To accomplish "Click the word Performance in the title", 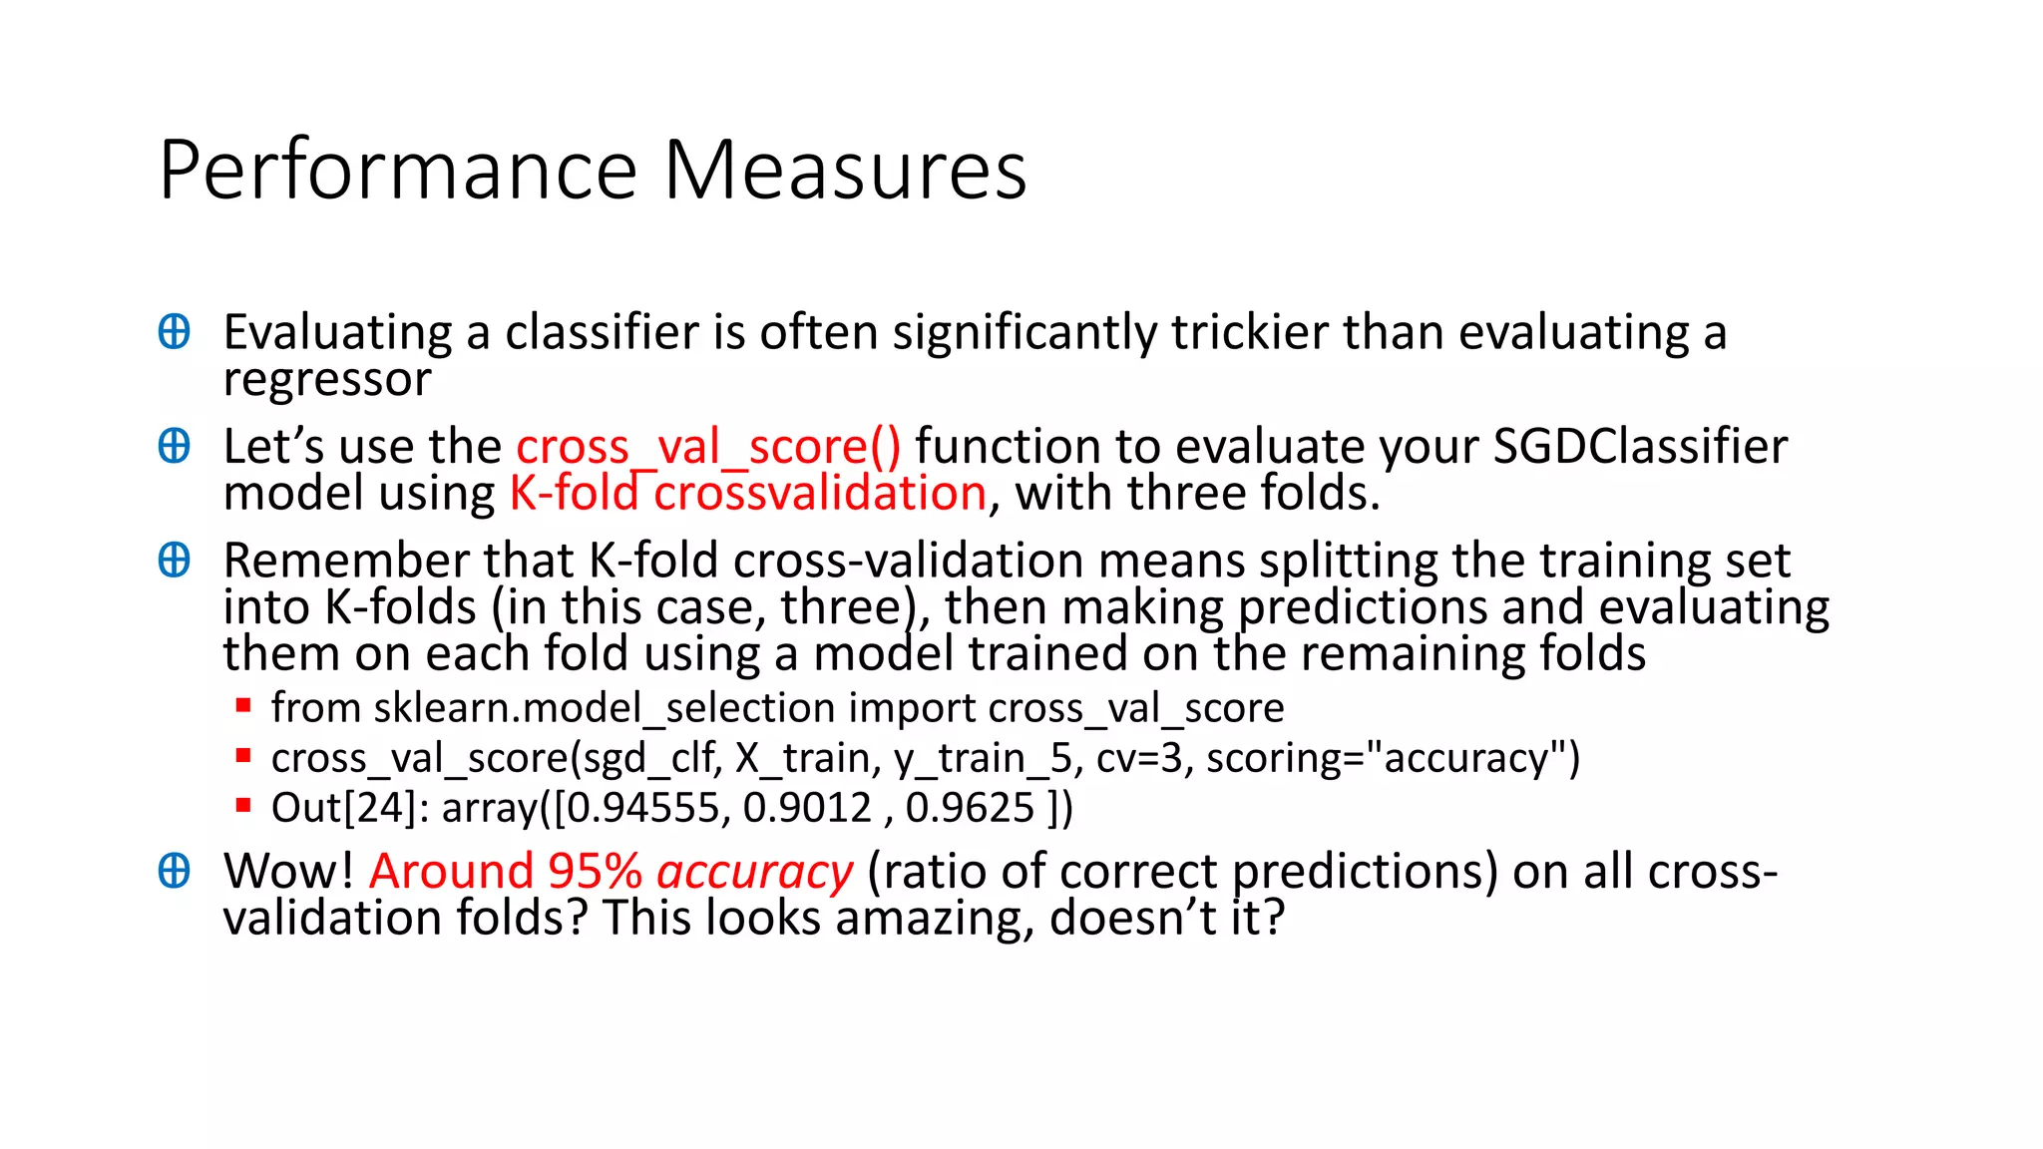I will pos(398,171).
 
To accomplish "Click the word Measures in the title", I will pos(845,171).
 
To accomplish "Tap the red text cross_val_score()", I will pos(708,446).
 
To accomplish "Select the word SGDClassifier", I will pos(1640,446).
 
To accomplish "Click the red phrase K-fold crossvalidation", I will pos(748,493).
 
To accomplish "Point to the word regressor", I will pos(327,379).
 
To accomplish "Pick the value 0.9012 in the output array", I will pos(808,807).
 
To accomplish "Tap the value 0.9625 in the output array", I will pos(970,807).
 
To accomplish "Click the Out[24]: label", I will pos(350,807).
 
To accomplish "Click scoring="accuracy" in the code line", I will pos(1394,758).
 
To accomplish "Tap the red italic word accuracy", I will pos(755,872).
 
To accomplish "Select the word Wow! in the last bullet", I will pos(288,872).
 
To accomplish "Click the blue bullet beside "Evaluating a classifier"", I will pos(175,332).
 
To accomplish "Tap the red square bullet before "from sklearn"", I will pos(242,706).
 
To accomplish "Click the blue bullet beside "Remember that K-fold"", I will pos(175,561).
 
